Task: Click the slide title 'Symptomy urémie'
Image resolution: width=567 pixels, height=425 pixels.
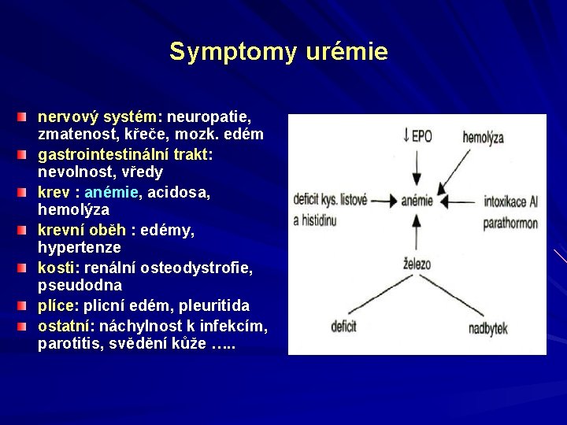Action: [278, 52]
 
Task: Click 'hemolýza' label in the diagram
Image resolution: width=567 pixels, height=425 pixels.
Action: [484, 138]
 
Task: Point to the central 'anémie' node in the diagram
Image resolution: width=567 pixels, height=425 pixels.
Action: [417, 201]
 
